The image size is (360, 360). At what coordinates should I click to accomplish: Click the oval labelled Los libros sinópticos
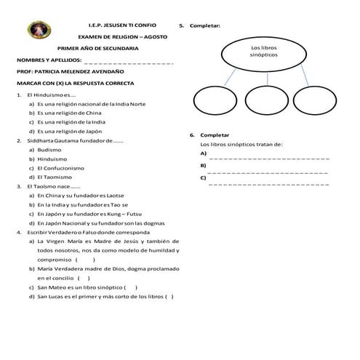coord(258,51)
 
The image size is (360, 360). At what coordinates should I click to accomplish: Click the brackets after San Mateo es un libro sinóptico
coord(131,287)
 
